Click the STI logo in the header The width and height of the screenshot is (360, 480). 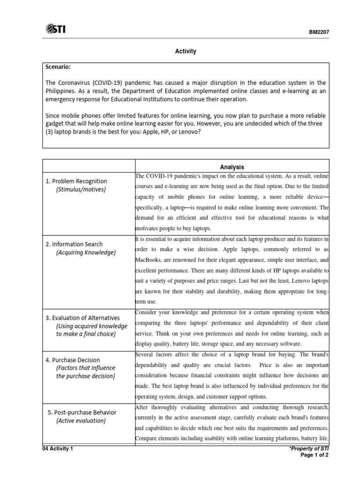56,30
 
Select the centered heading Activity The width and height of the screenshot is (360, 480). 186,51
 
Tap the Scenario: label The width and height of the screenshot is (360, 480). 60,67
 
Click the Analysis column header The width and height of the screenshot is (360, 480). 232,166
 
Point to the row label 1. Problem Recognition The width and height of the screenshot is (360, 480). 76,181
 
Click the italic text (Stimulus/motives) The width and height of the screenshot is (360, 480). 81,189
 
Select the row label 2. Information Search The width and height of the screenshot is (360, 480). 74,244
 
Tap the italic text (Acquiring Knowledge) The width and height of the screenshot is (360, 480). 85,253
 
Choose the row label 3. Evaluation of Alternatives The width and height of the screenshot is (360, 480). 82,317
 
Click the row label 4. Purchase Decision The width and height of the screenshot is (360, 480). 72,360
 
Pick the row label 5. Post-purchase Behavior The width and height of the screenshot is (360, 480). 82,412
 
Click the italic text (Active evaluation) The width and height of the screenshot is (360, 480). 81,420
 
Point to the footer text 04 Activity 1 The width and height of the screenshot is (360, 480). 58,449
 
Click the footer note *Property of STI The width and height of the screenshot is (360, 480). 309,449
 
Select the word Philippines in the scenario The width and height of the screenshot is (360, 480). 61,90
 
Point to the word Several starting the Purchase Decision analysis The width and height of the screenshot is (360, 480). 146,354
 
